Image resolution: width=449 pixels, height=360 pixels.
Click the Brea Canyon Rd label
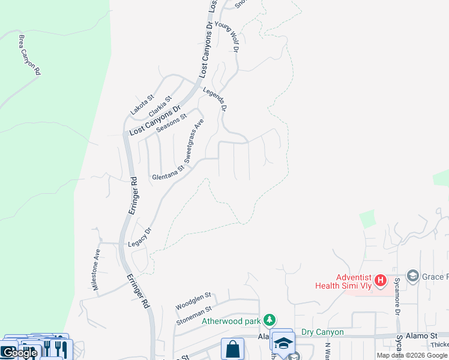[29, 55]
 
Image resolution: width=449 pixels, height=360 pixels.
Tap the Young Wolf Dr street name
[231, 37]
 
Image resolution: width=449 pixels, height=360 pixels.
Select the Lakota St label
[143, 104]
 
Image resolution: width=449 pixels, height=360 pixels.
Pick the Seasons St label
[172, 123]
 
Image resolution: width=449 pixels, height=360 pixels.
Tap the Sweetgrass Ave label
[194, 141]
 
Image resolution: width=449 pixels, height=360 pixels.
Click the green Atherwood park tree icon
[271, 320]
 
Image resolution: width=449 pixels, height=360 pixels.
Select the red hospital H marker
[379, 280]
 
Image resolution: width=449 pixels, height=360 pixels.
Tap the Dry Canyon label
[322, 332]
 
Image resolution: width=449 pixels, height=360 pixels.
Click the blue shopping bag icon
[232, 349]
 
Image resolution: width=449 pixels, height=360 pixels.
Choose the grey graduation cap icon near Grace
[412, 276]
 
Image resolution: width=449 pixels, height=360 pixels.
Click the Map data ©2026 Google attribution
[412, 355]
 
